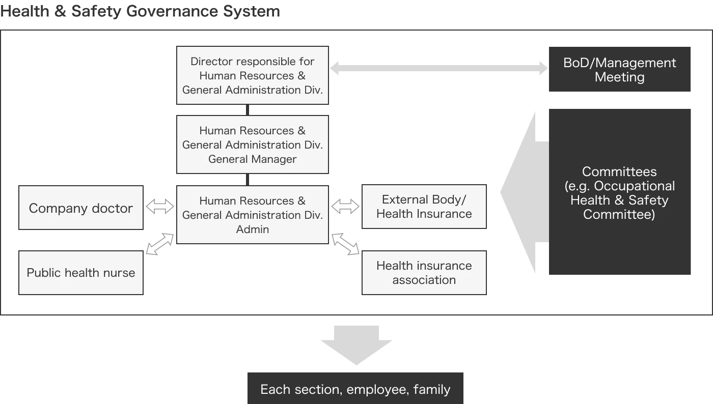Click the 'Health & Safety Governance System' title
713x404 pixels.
[x=140, y=12]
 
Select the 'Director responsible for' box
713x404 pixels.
[x=253, y=75]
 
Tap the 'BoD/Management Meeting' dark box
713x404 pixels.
[x=619, y=69]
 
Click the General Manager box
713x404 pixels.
[x=253, y=145]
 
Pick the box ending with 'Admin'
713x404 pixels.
[x=253, y=215]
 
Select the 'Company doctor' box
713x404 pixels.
[x=81, y=208]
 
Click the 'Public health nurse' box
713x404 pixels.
[x=81, y=273]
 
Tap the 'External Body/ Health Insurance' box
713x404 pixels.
[x=424, y=207]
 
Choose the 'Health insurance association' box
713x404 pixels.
[x=424, y=273]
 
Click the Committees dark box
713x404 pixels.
[x=619, y=192]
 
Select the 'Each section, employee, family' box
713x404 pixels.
[x=355, y=388]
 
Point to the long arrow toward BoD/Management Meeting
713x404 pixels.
[x=439, y=68]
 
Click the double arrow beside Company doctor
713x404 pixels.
[x=160, y=207]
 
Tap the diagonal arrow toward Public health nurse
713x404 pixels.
[x=160, y=244]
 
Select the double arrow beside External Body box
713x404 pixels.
[x=345, y=207]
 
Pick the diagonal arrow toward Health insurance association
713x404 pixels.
[x=345, y=244]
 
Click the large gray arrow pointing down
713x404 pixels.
[x=356, y=345]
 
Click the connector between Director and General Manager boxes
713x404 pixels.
[x=248, y=110]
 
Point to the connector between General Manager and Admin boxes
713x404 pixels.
[x=248, y=180]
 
